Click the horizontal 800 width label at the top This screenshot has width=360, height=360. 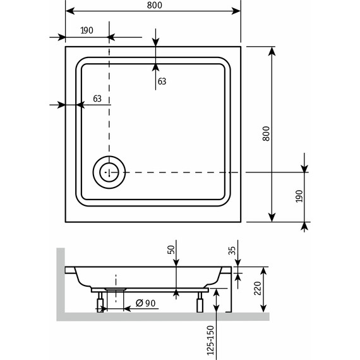click(153, 6)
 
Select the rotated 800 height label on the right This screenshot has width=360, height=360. click(266, 134)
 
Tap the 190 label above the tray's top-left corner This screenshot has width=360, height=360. click(87, 31)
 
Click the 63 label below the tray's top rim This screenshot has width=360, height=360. click(162, 81)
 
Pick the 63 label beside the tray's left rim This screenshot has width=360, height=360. click(97, 99)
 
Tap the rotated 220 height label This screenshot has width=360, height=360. click(257, 289)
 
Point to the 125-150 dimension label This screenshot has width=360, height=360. click(208, 339)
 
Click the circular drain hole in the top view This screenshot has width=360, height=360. click(109, 172)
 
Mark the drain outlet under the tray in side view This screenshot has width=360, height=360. click(116, 289)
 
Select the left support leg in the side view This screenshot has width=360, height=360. click(100, 305)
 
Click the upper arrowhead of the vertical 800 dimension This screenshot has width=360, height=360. click(272, 51)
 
